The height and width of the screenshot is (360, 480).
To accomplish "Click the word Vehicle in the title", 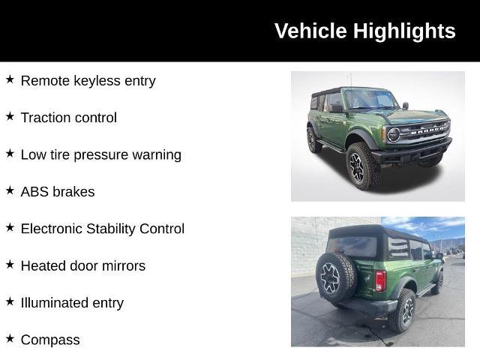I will coord(310,31).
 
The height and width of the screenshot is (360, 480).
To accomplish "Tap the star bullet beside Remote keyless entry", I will coord(10,79).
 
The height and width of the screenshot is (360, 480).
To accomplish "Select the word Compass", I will coord(50,340).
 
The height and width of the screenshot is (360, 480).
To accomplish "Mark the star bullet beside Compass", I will coord(10,339).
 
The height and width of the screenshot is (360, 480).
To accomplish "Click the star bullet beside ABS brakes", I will coord(10,191).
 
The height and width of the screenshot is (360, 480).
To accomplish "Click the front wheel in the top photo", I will coord(358,167).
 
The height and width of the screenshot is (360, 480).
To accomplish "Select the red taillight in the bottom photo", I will coord(380,280).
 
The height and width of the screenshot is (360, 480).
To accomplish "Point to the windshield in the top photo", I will coord(370,99).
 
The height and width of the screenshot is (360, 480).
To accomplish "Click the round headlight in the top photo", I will coord(393,135).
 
